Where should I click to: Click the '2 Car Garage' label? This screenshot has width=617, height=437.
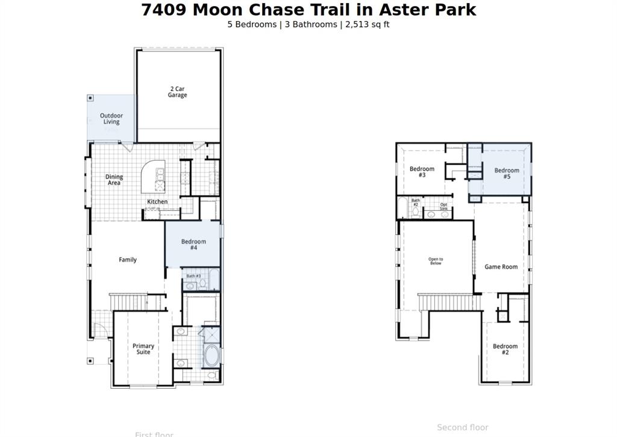coord(177,92)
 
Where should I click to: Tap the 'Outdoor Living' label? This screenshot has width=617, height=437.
coord(111,119)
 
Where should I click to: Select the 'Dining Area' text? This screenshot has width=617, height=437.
coord(114,180)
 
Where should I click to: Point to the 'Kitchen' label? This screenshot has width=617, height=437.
coord(157,202)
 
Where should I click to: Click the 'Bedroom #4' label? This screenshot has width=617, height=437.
coord(193,245)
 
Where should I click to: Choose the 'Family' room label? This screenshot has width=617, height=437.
coord(128,260)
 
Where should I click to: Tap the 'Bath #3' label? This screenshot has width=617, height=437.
coord(193,276)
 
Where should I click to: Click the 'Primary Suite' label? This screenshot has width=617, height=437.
coord(143,349)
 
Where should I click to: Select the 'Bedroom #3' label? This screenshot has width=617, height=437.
coord(422,172)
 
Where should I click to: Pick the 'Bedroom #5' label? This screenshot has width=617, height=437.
coord(507,174)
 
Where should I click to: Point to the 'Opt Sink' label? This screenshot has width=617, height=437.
coord(444,206)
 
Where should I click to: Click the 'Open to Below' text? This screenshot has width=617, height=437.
coord(436,262)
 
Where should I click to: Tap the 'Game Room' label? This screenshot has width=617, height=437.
coord(501,267)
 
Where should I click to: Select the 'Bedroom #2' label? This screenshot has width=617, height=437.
coord(505,349)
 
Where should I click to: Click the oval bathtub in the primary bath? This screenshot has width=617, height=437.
coord(211,356)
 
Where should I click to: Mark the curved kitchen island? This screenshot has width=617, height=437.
coord(152,176)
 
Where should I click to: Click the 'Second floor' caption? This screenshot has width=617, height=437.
coord(462,427)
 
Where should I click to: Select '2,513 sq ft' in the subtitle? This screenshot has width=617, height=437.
coord(367,25)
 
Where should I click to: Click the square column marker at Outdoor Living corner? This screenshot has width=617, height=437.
coord(90,98)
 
